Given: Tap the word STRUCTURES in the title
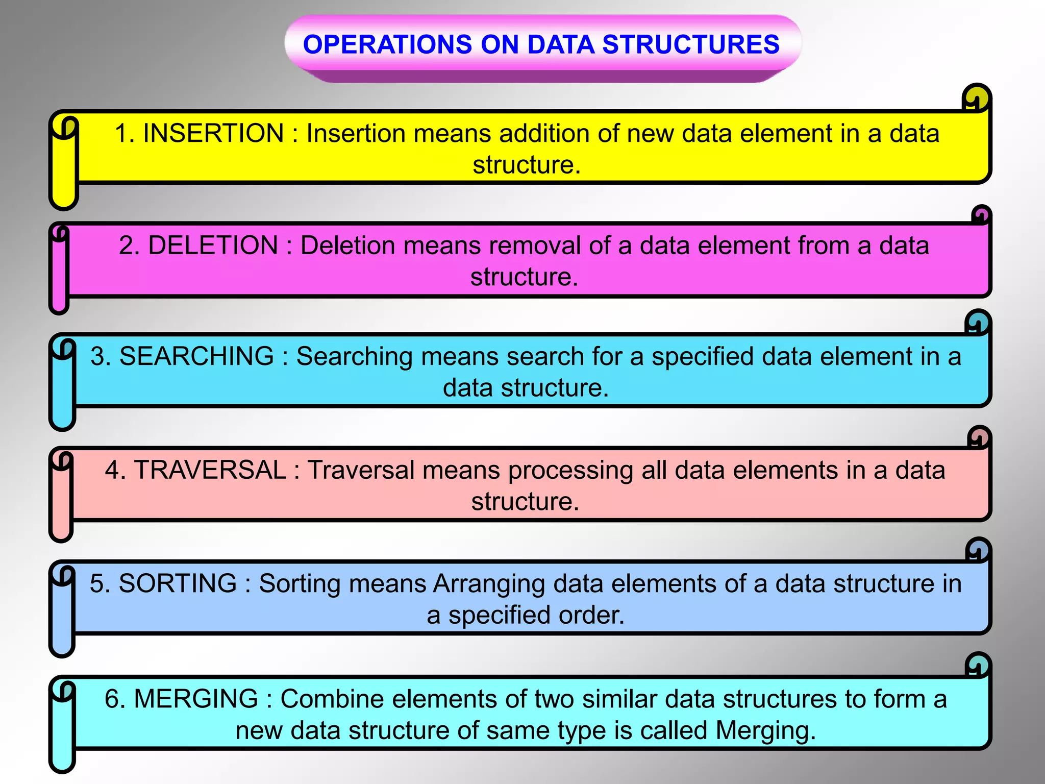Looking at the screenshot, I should coord(691,44).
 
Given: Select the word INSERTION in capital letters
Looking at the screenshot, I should coord(213,134).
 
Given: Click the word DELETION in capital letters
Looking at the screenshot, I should coord(213,246).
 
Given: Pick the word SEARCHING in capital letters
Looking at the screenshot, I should coord(196,357).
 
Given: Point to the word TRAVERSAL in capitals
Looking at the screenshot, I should coord(210,470).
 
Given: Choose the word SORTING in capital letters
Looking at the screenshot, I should coord(178,583).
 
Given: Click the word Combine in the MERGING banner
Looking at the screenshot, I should coord(330,699).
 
